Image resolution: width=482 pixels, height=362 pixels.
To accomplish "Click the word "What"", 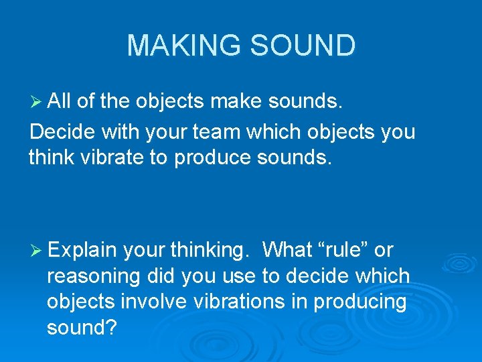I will tap(288, 250).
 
